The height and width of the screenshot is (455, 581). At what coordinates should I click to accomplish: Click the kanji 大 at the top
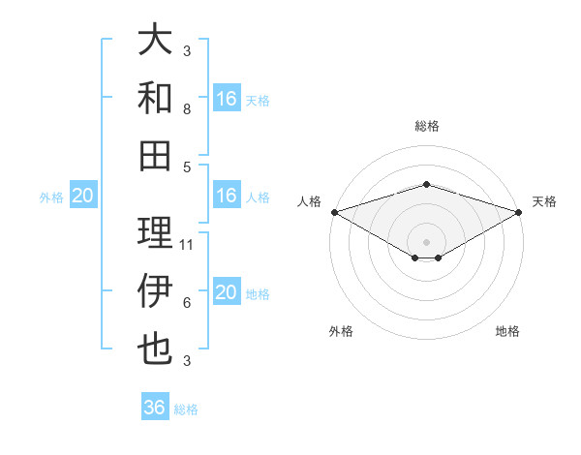click(156, 41)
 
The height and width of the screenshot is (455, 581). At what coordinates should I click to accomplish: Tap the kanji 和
click(156, 98)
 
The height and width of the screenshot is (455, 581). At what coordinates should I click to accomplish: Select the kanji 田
click(156, 154)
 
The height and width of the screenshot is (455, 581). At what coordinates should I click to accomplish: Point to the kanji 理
click(156, 232)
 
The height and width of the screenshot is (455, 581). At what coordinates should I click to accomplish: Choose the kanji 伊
click(156, 291)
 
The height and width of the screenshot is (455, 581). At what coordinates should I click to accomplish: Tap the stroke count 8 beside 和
click(187, 109)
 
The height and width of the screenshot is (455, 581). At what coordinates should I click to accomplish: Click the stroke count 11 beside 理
click(188, 245)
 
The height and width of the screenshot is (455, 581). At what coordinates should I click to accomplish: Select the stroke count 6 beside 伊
click(187, 303)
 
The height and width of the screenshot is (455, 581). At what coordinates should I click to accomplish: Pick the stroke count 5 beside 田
click(187, 167)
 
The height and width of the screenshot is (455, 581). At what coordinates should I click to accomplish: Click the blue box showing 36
click(155, 408)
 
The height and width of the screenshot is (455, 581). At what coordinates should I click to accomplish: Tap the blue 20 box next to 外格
click(83, 197)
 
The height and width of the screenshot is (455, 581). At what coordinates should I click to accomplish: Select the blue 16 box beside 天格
click(227, 99)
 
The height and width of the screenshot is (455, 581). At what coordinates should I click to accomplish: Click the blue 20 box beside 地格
click(227, 292)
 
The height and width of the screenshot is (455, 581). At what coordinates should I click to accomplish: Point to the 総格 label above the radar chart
click(426, 126)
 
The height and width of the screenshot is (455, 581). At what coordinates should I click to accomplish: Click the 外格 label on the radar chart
click(341, 331)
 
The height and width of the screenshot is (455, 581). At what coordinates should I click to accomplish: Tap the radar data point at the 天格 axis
click(519, 211)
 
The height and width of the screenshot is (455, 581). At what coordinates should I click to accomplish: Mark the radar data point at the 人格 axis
click(334, 211)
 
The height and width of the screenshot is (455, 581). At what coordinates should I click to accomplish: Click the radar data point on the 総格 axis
click(426, 184)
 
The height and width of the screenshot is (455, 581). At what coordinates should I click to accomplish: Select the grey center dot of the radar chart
click(426, 241)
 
